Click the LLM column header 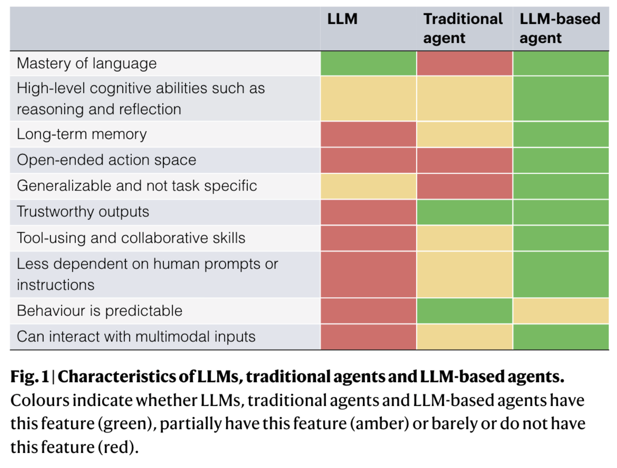342,19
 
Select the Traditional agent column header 463,28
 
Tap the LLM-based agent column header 559,28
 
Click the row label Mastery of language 87,63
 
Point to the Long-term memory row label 82,134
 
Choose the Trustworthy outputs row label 83,212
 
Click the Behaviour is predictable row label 100,311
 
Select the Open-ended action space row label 106,160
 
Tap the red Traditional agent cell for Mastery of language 464,63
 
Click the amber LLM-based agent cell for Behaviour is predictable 561,311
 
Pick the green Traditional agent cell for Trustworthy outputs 464,212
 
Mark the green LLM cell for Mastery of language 368,63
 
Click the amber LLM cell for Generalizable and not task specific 368,186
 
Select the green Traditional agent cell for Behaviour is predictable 464,311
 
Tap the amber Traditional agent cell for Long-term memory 464,134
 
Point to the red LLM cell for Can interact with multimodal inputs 368,337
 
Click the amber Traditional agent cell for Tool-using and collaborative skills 464,238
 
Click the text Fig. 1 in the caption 30,377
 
